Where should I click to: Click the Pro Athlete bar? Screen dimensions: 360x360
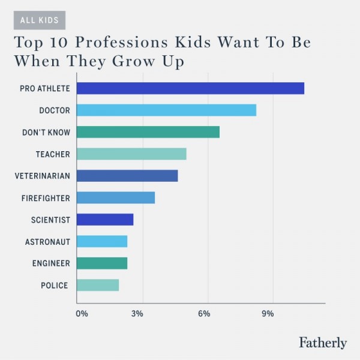click(x=190, y=88)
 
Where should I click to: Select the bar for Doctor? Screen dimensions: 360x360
click(x=166, y=110)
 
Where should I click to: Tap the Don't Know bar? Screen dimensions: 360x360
click(x=148, y=132)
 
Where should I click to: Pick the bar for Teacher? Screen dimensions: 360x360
click(x=131, y=154)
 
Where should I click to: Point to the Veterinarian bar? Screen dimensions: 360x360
click(x=127, y=176)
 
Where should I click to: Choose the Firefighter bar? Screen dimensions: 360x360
click(x=116, y=198)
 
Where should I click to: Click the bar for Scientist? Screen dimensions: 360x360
click(x=105, y=220)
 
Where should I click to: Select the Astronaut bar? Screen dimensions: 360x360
click(x=102, y=242)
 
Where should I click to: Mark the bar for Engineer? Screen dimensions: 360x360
click(x=102, y=263)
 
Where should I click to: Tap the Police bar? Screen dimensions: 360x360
click(x=98, y=286)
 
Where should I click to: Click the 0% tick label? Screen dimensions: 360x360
click(x=82, y=314)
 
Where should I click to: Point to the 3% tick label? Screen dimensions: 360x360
click(x=137, y=314)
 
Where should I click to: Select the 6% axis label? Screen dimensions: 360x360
click(x=203, y=314)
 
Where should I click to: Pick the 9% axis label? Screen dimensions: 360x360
click(x=268, y=314)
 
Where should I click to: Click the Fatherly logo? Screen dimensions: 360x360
click(x=322, y=343)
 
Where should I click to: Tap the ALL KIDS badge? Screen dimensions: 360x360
click(x=40, y=20)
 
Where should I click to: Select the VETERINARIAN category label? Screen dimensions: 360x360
click(x=42, y=176)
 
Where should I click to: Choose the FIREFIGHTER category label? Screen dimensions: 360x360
click(x=46, y=198)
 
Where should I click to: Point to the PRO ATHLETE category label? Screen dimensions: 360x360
click(x=44, y=88)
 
